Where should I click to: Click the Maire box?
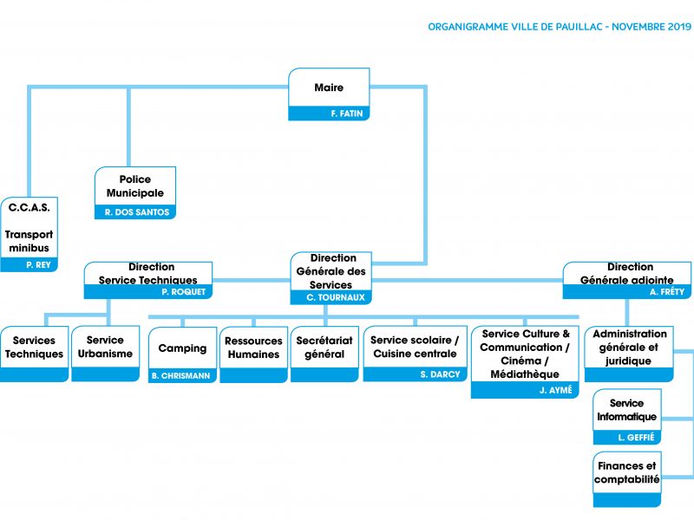329,94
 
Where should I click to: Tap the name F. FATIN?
346,114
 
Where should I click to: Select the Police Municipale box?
135,192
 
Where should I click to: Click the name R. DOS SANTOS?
137,212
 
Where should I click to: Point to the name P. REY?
38,265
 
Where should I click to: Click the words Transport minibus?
29,241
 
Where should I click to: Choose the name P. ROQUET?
183,292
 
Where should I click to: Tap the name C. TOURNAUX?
336,297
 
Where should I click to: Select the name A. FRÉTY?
667,292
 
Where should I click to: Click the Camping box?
182,354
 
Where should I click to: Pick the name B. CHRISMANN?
180,376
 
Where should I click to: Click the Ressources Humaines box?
253,354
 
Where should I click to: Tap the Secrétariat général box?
324,354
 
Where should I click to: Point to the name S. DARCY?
440,374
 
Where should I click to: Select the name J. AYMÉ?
555,390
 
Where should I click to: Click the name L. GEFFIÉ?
636,438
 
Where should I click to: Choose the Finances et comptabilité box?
626,479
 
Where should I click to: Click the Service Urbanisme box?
105,354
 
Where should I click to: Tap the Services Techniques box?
34,354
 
